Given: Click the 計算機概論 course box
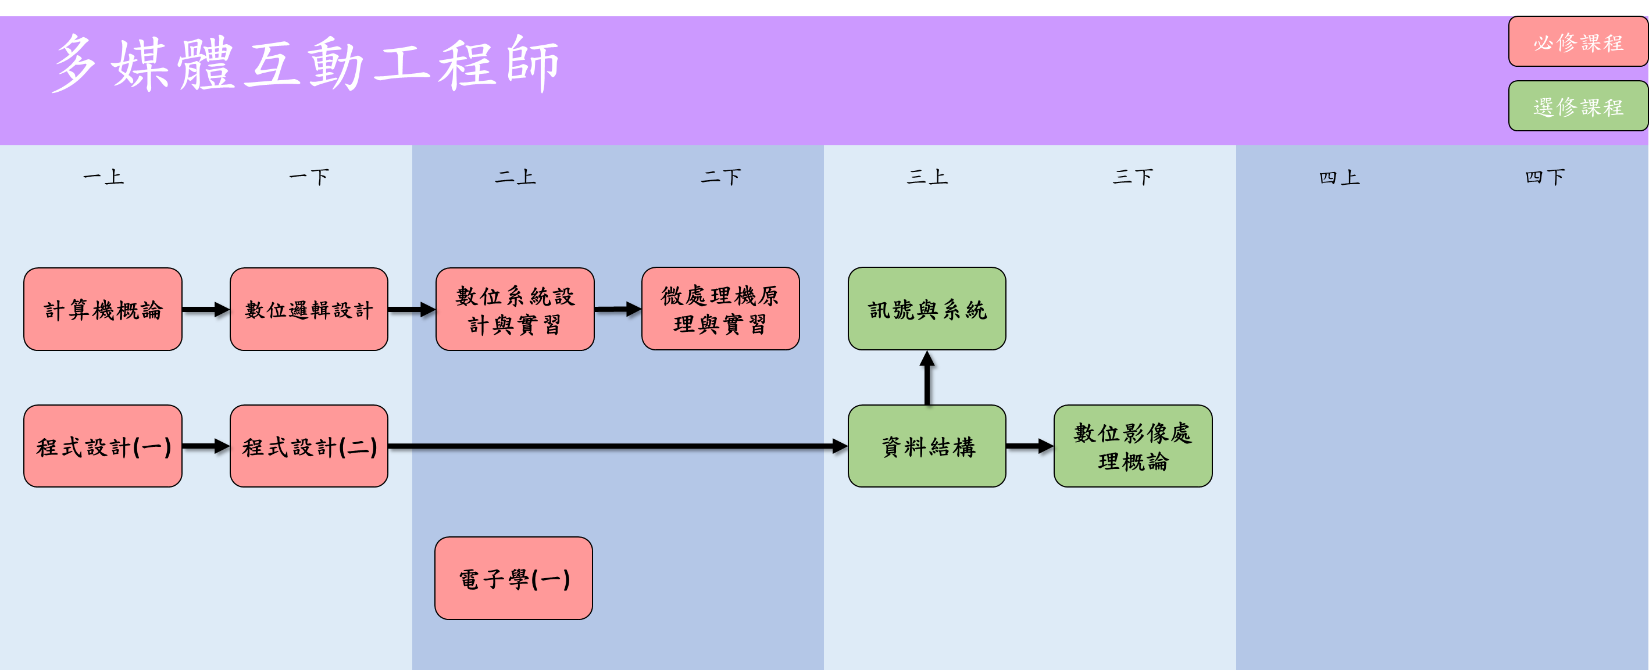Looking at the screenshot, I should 102,309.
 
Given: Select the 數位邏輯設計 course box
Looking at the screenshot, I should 309,309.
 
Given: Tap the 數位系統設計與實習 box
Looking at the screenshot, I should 515,309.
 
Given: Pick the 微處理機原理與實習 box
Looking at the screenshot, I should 720,309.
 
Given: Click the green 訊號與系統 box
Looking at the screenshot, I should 926,309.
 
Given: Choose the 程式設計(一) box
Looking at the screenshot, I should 102,446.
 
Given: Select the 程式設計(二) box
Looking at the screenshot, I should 309,446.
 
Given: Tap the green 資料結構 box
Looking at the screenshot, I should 926,446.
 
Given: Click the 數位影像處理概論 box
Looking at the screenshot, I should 1133,446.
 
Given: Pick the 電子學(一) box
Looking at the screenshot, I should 513,578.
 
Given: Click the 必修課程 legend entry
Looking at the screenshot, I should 1577,42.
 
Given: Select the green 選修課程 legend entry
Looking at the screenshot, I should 1577,106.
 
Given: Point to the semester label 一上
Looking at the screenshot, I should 103,177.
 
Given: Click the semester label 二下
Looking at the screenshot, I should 720,177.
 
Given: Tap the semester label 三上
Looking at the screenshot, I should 926,177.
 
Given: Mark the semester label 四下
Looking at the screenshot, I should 1545,177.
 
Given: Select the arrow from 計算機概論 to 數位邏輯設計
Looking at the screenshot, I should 205,310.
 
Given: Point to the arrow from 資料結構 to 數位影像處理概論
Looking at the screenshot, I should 1029,446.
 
